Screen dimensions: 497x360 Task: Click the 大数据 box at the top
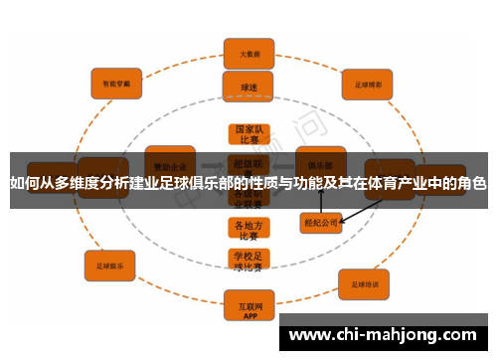click(x=248, y=53)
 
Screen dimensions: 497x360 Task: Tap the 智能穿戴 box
click(x=117, y=83)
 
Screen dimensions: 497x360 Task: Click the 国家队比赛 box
click(x=248, y=134)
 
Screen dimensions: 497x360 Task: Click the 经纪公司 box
click(x=322, y=223)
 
